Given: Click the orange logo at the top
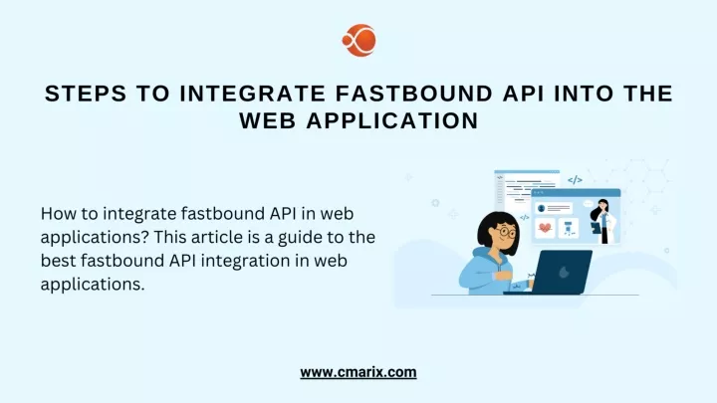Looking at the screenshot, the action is click(x=359, y=40).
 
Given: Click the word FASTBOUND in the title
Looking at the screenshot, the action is click(x=414, y=94).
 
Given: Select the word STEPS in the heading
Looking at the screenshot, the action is click(x=86, y=94).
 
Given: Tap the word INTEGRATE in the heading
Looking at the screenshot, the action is click(x=252, y=94).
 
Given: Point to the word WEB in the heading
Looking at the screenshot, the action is click(x=268, y=121).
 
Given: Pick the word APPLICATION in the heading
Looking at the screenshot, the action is click(x=392, y=121).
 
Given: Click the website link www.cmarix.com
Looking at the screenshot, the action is click(x=358, y=372).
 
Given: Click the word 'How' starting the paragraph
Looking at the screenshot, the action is click(x=55, y=213).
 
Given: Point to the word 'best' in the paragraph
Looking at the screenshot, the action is click(x=58, y=261).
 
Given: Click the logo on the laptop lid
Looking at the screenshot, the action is click(x=564, y=273).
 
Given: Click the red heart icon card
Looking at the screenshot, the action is click(x=545, y=228).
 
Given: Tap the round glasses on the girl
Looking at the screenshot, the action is click(x=506, y=232).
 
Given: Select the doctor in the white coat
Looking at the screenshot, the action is click(x=603, y=222).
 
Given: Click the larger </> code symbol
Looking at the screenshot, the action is click(x=575, y=180).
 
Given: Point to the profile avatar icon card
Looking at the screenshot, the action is click(x=554, y=208).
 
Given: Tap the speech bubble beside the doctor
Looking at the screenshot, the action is click(x=589, y=204).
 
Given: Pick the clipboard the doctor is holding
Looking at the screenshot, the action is click(x=596, y=227).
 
